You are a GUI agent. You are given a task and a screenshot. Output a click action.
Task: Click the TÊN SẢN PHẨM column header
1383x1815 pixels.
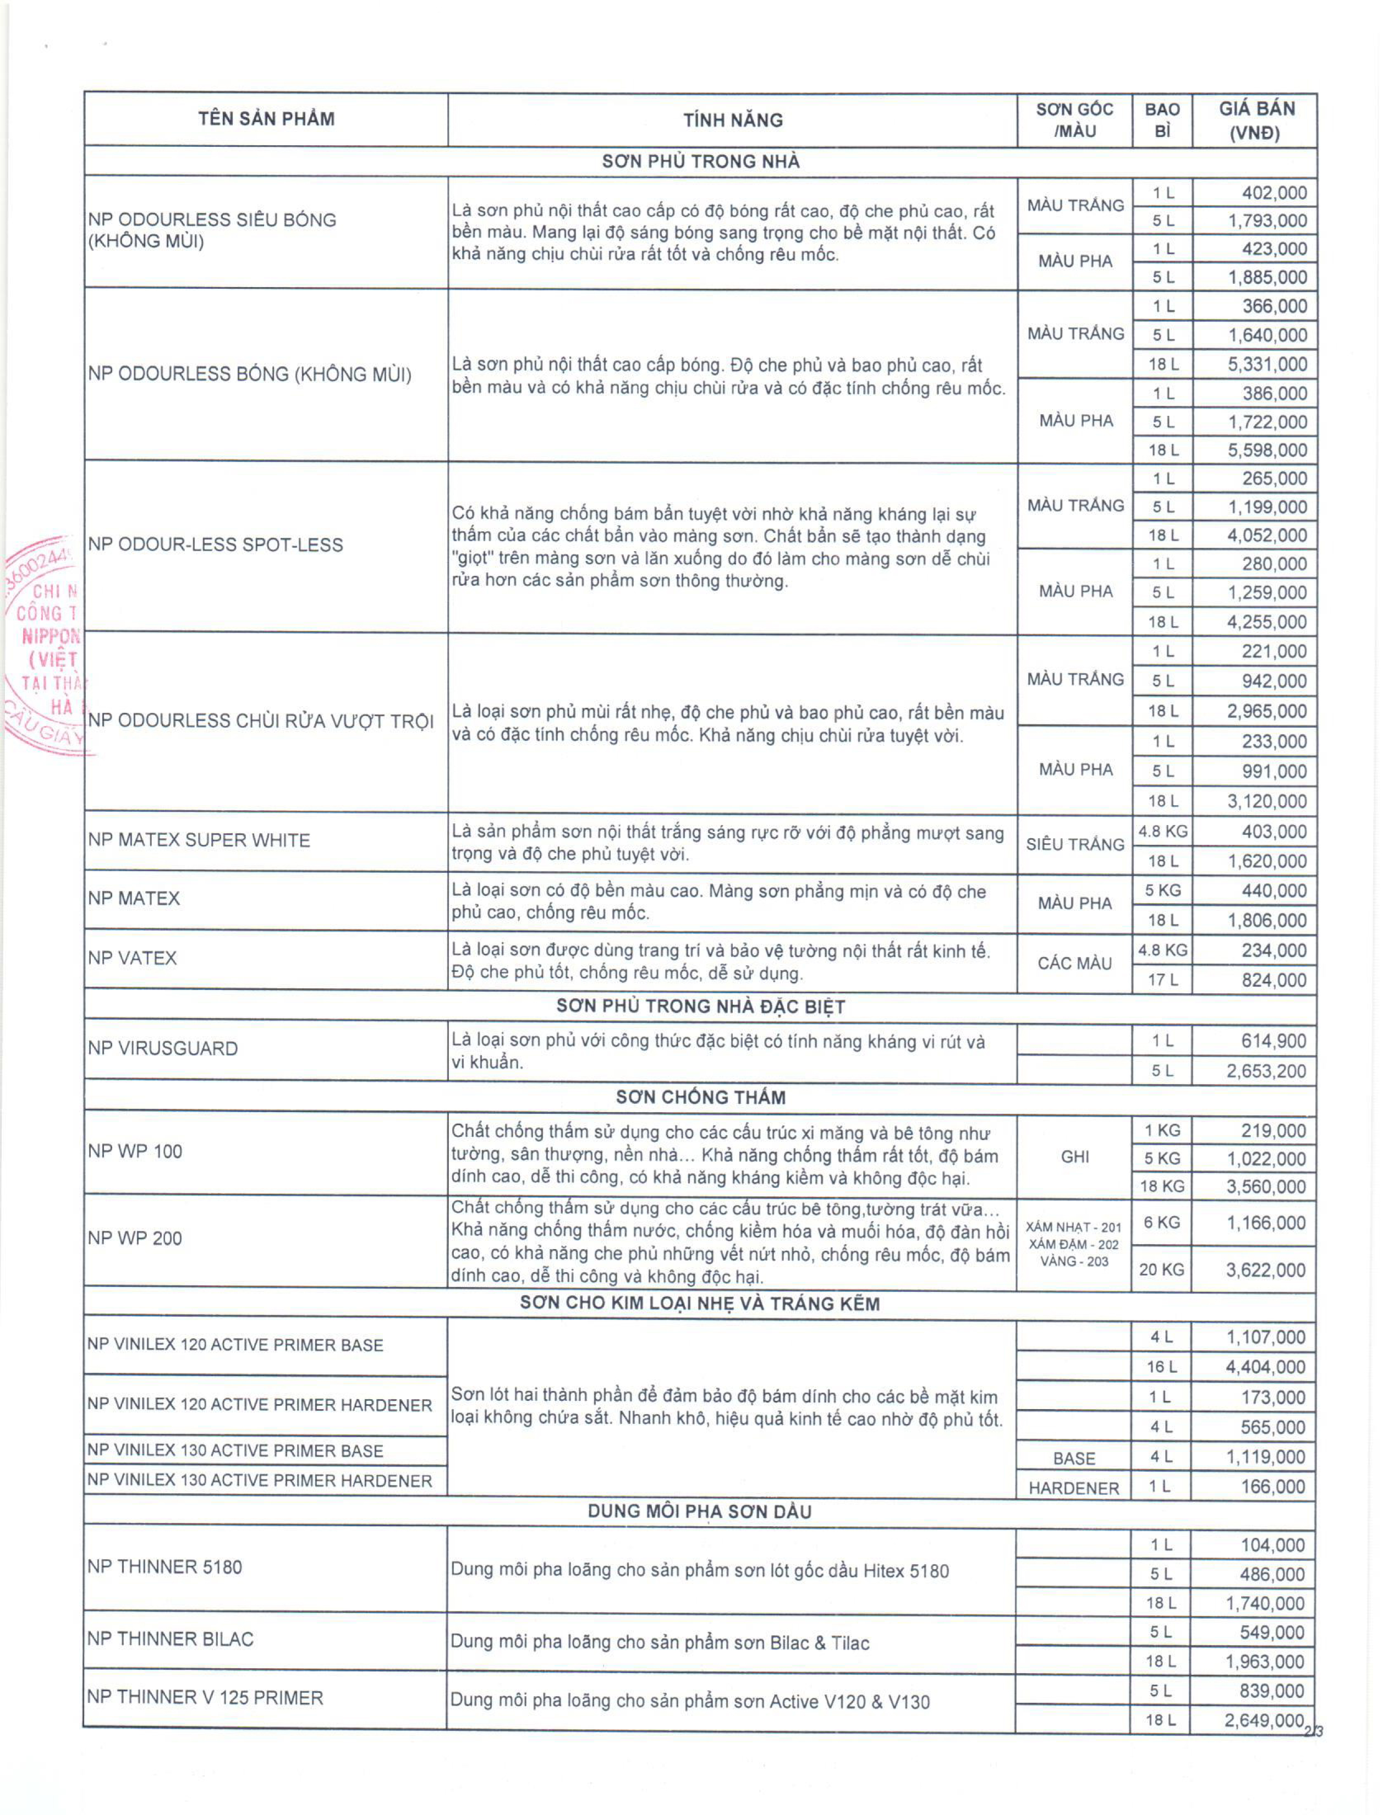tap(266, 119)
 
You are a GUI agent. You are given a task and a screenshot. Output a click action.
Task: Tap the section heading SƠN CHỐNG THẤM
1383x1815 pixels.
tap(700, 1097)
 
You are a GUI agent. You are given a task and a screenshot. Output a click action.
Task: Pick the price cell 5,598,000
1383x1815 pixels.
tap(1267, 450)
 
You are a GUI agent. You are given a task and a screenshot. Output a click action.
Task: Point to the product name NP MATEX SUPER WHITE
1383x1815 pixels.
tap(199, 840)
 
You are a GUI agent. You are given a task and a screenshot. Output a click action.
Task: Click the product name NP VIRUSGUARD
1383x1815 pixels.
tap(163, 1049)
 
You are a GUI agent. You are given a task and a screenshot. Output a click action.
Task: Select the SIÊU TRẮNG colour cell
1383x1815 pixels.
tap(1074, 845)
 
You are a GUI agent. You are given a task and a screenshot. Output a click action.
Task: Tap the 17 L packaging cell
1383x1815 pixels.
tap(1162, 980)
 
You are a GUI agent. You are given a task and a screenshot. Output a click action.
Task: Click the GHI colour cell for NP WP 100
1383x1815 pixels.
tap(1074, 1157)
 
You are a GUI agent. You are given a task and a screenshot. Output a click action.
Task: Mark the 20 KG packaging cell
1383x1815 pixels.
tap(1161, 1270)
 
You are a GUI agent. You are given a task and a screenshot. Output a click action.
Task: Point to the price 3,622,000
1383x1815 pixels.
tap(1265, 1270)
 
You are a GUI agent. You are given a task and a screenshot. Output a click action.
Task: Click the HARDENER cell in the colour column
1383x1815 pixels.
tap(1073, 1488)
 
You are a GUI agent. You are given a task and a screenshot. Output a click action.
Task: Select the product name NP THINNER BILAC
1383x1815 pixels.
tap(171, 1639)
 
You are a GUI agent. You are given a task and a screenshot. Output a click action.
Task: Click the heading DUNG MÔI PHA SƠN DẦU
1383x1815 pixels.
tap(699, 1511)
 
